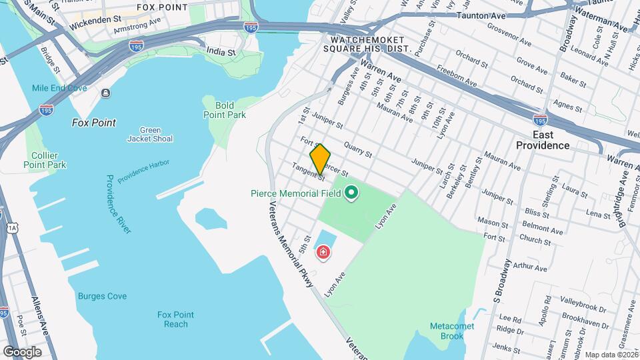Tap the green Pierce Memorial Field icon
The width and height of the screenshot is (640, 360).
[351, 194]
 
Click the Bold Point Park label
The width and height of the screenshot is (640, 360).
[225, 110]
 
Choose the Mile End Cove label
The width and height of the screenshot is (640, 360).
[59, 88]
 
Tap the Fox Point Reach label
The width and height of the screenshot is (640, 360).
[176, 319]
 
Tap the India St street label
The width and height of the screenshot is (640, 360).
[221, 51]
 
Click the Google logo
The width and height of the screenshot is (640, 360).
[22, 351]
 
